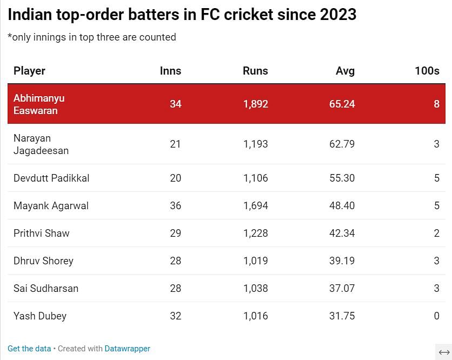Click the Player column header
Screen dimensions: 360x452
(29, 71)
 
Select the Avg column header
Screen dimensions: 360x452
(345, 71)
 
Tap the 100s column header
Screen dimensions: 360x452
(427, 71)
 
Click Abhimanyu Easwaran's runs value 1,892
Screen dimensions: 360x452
(255, 104)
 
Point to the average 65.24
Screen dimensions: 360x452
(342, 104)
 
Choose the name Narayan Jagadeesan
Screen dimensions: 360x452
(41, 144)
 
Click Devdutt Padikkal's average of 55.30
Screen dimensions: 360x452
(342, 178)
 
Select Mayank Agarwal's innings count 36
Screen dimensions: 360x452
(175, 206)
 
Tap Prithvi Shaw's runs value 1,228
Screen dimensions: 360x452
(255, 234)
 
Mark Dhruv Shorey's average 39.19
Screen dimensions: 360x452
(342, 261)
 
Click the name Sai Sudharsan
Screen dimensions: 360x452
(46, 289)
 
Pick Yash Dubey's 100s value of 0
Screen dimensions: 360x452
(436, 316)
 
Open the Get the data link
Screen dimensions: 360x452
(29, 349)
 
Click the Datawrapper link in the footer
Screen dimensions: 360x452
(127, 349)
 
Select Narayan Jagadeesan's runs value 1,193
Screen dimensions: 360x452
(255, 144)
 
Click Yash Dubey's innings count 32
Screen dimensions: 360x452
(175, 316)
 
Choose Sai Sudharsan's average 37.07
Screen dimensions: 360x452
(342, 289)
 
